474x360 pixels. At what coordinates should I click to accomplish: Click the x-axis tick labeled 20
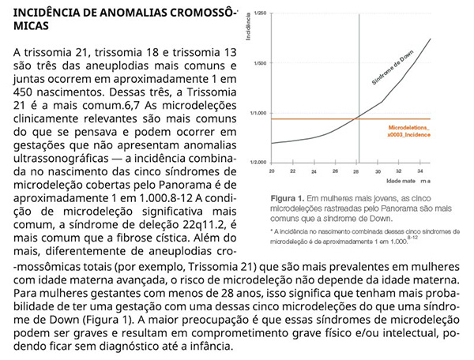coord(271,171)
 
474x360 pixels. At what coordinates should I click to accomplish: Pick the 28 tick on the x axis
coord(356,171)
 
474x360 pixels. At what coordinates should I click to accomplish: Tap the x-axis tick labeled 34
coord(420,171)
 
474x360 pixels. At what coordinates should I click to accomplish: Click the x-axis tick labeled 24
coord(314,171)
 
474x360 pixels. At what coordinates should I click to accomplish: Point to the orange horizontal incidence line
coord(316,118)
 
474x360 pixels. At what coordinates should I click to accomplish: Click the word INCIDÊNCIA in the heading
coord(48,13)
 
